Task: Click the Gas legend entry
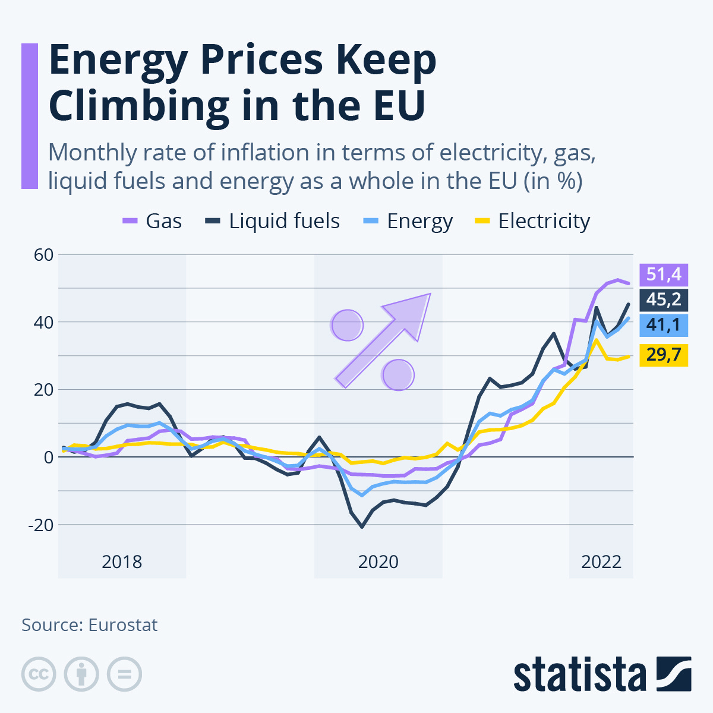point(153,221)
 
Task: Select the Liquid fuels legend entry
point(273,221)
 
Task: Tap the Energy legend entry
point(408,221)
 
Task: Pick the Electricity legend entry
point(532,221)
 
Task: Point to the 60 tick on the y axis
point(43,254)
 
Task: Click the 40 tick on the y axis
point(43,322)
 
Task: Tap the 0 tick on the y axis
point(48,457)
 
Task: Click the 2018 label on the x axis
point(122,561)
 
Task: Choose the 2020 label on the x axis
point(378,561)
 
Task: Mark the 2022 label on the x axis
point(601,561)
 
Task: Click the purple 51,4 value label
point(664,275)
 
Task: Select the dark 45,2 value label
point(664,300)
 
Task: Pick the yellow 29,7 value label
point(664,355)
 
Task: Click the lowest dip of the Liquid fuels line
point(362,526)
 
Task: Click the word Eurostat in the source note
point(123,625)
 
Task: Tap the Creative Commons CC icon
point(39,674)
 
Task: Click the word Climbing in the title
point(138,105)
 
